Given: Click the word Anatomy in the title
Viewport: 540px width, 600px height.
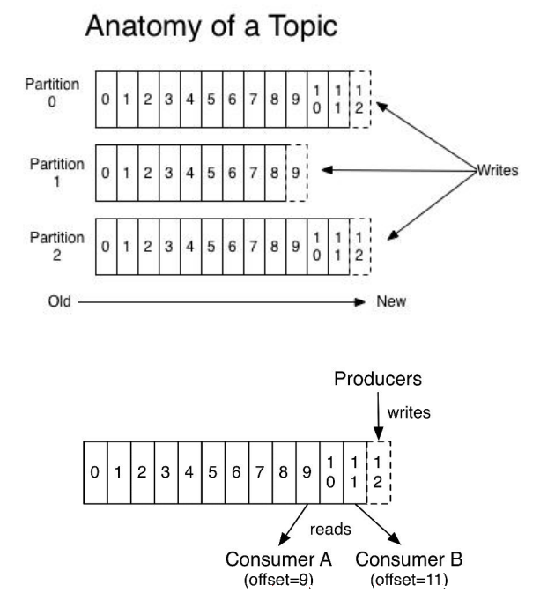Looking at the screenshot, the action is tap(143, 26).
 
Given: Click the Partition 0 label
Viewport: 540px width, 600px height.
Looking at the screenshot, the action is tap(52, 93).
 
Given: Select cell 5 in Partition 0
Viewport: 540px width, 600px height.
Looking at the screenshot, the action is tap(211, 100).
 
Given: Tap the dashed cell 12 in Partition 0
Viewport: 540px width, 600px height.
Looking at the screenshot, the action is tap(359, 100).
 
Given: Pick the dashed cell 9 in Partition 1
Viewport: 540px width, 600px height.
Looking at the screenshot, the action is tap(296, 173).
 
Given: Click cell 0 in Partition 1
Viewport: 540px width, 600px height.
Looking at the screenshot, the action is tap(106, 173).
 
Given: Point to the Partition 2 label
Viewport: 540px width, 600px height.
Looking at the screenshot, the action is tap(57, 246).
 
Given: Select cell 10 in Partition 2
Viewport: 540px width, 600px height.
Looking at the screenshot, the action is tap(317, 247).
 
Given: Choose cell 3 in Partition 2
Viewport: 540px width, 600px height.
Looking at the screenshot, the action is tap(169, 247).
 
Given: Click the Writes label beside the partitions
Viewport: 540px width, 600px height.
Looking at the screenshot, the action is tap(498, 170).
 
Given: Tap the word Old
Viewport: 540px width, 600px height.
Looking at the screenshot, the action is tap(59, 301).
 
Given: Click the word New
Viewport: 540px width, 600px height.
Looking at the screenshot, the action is tap(391, 301).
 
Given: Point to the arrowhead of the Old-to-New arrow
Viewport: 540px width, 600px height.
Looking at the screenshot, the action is tap(360, 302).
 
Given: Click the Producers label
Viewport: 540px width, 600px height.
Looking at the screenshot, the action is tap(378, 379).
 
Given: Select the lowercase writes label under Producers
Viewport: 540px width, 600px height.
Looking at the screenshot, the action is tap(409, 412).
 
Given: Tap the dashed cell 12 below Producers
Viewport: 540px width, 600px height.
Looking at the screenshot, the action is tap(379, 472).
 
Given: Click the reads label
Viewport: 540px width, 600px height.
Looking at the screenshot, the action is tap(330, 530).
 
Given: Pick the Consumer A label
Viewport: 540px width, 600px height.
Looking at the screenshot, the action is tap(278, 559).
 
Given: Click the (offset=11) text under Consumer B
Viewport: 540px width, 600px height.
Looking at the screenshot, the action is tap(409, 580).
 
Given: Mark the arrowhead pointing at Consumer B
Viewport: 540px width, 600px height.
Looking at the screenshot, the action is tap(395, 538).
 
